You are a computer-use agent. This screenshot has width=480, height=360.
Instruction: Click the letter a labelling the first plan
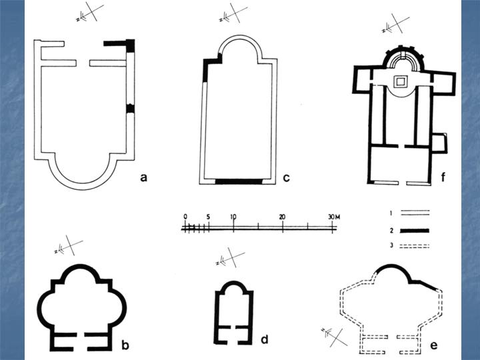point(143,177)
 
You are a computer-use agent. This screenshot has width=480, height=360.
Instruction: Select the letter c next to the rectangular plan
point(285,177)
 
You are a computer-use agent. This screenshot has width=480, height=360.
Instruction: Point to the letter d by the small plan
point(264,339)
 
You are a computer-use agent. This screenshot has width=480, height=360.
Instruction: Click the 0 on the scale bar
point(185,217)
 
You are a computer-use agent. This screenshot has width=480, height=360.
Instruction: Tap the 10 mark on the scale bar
point(233,217)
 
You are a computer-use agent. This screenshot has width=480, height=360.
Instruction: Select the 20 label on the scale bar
point(283,217)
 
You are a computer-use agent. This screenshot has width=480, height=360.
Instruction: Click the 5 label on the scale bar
point(209,217)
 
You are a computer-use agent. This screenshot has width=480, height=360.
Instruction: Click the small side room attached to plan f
point(439,142)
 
